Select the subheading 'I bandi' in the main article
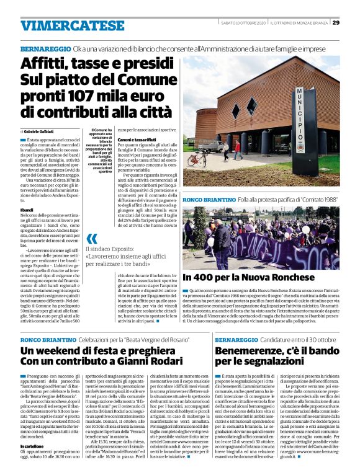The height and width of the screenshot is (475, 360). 27,211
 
